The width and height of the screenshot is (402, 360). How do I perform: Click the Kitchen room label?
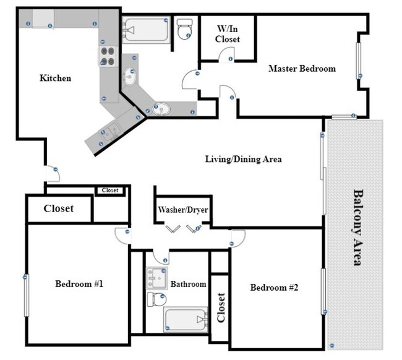(56, 78)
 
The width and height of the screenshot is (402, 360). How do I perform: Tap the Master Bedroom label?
(302, 69)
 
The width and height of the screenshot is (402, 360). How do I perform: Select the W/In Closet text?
(228, 34)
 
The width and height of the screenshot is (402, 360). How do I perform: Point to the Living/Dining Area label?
(243, 159)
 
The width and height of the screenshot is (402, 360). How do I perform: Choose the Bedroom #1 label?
(79, 284)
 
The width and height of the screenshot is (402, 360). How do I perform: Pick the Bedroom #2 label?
(274, 288)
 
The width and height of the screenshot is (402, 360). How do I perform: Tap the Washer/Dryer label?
(183, 210)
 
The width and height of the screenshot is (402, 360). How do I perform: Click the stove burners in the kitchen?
(108, 56)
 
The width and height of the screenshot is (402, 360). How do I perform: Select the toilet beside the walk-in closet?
(184, 29)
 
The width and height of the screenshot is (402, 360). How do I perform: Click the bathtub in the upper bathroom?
(146, 30)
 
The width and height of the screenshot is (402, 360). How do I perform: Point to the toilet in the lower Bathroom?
(157, 299)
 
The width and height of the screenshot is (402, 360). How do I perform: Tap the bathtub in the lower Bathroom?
(186, 320)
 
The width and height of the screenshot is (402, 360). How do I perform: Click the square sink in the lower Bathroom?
(156, 278)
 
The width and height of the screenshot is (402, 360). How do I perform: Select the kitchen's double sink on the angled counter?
(111, 131)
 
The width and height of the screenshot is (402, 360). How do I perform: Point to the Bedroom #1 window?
(27, 295)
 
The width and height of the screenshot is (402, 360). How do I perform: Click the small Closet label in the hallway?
(110, 191)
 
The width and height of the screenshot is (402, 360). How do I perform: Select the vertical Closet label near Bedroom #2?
(221, 307)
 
